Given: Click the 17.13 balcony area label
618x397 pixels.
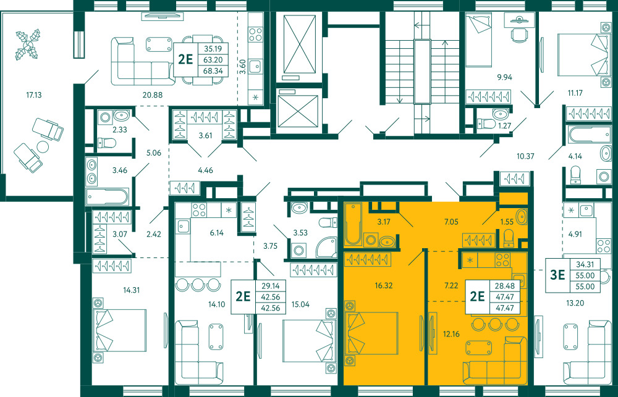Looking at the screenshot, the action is click(34, 95).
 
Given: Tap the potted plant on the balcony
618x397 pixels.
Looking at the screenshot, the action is click(27, 44).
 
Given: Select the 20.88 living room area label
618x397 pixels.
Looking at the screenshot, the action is click(154, 95).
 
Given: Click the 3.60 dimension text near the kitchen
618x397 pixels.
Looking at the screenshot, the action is click(243, 67).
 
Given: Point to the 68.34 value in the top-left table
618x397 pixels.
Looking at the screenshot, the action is click(213, 71).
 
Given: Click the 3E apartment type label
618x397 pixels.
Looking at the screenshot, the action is click(557, 275).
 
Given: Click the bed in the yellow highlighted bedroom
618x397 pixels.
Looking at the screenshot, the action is click(371, 333).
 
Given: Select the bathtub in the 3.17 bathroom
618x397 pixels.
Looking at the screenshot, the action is click(353, 224).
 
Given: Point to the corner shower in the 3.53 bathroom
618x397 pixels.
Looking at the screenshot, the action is click(326, 246).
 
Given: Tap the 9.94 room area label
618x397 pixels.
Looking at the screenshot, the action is click(504, 77).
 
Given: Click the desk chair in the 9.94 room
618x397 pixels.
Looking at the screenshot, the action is click(518, 33).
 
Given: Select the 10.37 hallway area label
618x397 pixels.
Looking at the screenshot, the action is click(525, 156).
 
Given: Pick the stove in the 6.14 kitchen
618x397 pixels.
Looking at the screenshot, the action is click(198, 211).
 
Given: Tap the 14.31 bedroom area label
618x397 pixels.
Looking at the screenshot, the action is click(131, 290).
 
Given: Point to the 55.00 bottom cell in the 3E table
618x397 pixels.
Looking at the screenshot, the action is click(585, 286).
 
